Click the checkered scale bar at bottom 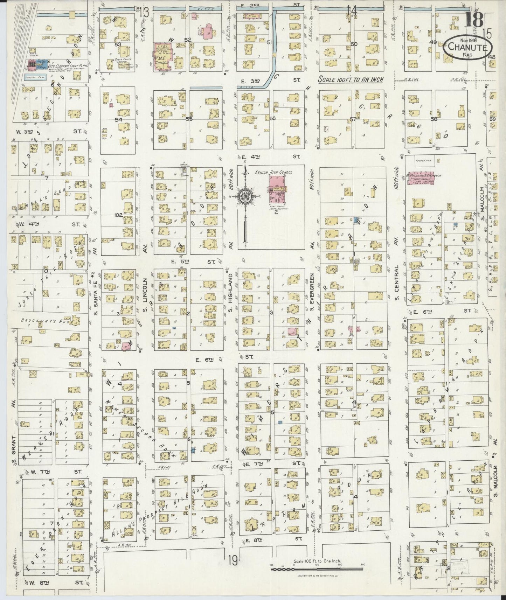[317, 569]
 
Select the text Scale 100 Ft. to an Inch [350, 80]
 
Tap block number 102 [119, 215]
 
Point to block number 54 [119, 119]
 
